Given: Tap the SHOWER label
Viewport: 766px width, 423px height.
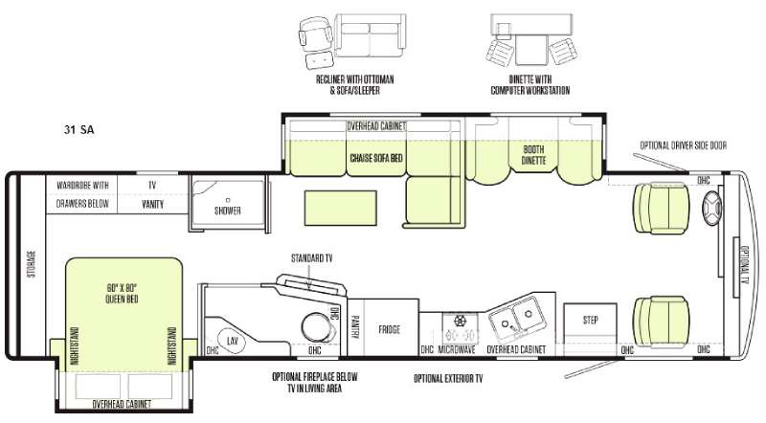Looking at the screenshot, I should click(x=227, y=210).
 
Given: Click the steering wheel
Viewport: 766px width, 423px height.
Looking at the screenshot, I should click(x=713, y=205).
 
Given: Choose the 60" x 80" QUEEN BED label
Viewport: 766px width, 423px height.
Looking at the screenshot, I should click(x=123, y=291).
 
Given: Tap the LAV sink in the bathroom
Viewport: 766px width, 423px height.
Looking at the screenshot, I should click(x=232, y=340).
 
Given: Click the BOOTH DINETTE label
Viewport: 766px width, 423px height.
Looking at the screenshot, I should click(x=534, y=155).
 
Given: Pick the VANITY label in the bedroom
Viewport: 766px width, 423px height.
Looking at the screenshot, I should click(x=152, y=204).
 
